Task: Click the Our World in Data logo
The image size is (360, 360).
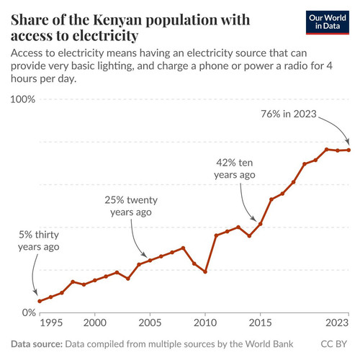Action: (328, 22)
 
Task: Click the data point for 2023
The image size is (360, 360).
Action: (348, 150)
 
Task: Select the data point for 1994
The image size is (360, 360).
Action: (40, 301)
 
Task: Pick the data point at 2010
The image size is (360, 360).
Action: (205, 271)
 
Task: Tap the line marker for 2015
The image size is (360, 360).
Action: (260, 224)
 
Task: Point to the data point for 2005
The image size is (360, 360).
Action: (150, 261)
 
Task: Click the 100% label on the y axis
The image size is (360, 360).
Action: (23, 99)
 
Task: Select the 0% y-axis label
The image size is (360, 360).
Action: (29, 312)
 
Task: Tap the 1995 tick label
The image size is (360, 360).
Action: (51, 323)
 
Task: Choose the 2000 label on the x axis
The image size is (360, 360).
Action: (95, 323)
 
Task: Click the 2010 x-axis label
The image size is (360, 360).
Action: (205, 323)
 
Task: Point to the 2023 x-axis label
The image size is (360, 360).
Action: (337, 323)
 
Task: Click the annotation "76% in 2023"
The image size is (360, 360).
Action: (289, 114)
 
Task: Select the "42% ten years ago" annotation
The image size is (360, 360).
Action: (235, 168)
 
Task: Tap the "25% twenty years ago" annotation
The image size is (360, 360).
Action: (131, 206)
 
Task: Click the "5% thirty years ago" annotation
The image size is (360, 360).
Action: (39, 240)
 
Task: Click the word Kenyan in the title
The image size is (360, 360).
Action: (117, 19)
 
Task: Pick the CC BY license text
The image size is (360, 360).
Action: (334, 344)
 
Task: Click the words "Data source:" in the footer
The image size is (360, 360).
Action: (37, 344)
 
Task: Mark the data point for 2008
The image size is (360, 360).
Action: (183, 248)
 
